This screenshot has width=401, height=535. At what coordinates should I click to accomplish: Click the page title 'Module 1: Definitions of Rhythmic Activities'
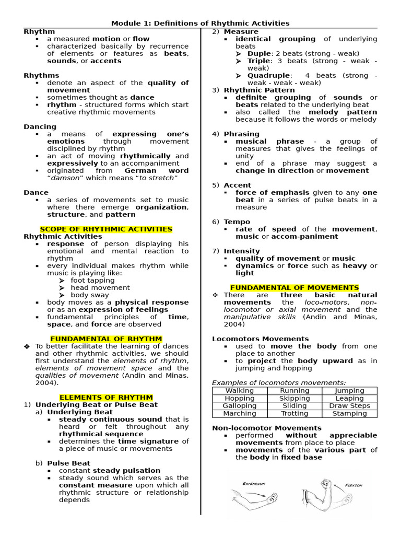[x=200, y=24]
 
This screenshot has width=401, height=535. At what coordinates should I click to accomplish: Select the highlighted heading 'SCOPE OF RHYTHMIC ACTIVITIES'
[x=106, y=229]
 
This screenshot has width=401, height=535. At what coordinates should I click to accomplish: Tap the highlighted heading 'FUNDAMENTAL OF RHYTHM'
[x=106, y=339]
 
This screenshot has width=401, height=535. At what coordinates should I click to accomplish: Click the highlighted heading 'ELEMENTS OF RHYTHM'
[x=106, y=397]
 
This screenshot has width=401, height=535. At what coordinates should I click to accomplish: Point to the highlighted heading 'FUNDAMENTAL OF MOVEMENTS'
[x=294, y=287]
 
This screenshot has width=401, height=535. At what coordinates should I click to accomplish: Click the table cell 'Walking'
[x=239, y=391]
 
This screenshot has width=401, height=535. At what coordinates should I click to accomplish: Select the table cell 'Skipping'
[x=294, y=398]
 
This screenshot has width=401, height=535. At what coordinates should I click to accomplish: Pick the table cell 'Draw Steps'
[x=349, y=405]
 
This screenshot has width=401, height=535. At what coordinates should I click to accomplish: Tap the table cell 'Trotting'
[x=294, y=413]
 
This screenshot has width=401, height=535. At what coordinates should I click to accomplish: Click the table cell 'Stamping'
[x=349, y=413]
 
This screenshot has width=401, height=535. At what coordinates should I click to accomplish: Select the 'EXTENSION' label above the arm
[x=254, y=484]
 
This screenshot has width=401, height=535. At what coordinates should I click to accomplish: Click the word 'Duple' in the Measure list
[x=259, y=53]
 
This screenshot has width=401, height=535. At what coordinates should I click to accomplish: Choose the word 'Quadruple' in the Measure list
[x=267, y=75]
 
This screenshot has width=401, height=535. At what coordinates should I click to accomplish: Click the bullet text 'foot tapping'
[x=93, y=280]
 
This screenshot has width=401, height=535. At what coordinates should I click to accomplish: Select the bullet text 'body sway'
[x=90, y=295]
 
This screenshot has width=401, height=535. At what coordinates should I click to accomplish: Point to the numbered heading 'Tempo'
[x=237, y=222]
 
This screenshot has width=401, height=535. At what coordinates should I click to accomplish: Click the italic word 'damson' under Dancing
[x=64, y=178]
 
